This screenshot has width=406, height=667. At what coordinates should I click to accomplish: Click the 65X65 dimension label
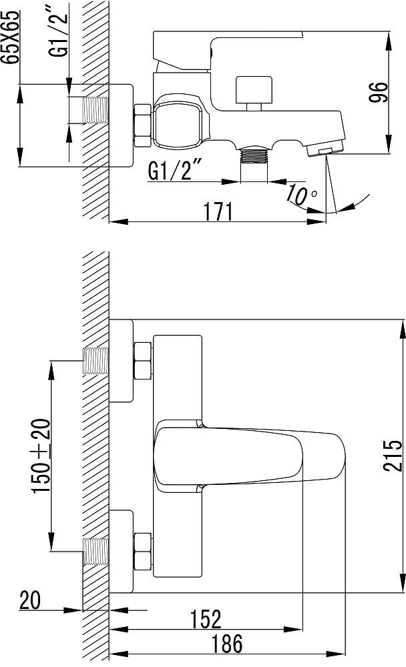10,37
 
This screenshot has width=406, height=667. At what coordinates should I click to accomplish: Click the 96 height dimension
379,92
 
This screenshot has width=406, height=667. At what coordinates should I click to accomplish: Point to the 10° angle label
301,194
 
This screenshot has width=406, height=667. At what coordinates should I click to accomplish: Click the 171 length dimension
218,211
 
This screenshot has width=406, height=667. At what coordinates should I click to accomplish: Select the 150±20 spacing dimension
42,456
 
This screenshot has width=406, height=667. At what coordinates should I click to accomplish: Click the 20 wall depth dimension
30,600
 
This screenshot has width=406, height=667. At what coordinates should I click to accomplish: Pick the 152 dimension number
206,619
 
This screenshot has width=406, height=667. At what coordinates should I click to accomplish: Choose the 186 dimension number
228,643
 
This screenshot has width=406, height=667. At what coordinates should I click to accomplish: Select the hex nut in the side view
143,125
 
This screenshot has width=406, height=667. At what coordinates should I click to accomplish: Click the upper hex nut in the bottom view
143,360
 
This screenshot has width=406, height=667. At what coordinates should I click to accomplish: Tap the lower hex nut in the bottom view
143,552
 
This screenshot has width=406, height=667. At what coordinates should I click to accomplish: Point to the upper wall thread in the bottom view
95,361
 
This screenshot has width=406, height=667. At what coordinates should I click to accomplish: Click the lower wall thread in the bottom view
95,552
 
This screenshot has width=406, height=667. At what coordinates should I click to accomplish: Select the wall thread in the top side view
95,111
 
